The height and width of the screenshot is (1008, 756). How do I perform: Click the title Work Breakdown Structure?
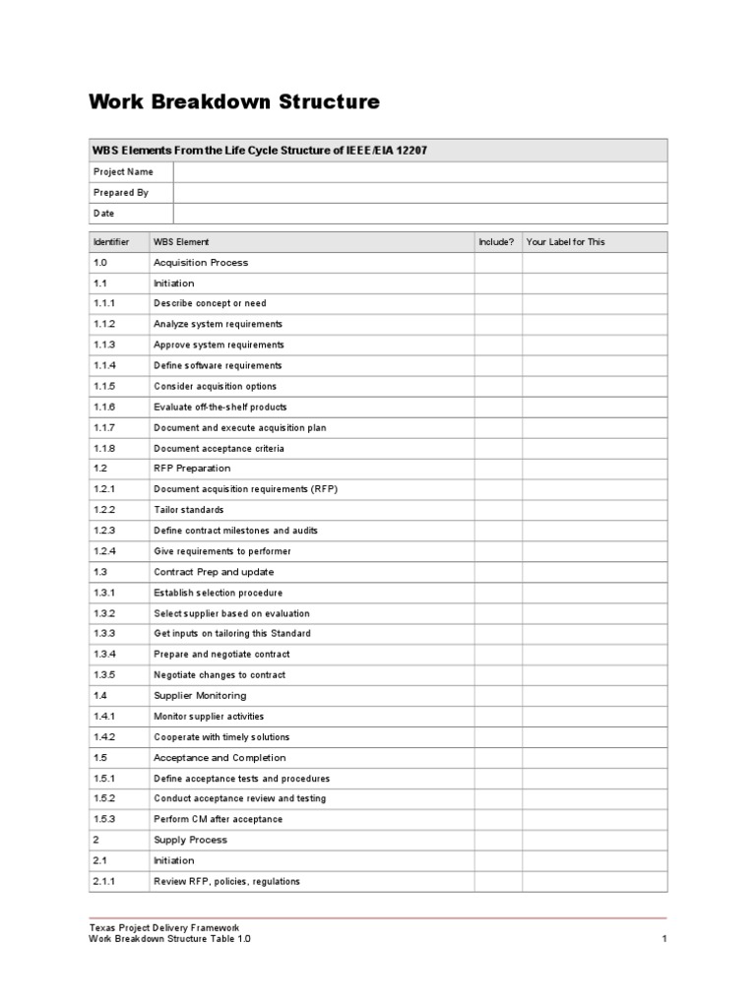(233, 102)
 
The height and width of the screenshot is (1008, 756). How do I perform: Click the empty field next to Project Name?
(420, 172)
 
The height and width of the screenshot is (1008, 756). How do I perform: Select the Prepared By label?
(120, 193)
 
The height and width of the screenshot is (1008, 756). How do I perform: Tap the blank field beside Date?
(420, 214)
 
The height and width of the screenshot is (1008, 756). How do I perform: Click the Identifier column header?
(111, 242)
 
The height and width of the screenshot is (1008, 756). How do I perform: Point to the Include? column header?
(496, 242)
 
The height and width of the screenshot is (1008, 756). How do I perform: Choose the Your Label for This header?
(566, 242)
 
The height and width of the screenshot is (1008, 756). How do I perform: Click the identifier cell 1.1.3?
(104, 346)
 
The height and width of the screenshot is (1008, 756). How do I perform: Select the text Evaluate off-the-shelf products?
(220, 408)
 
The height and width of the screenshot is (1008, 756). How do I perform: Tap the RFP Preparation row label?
(192, 469)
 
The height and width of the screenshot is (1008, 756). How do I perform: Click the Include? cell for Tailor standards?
(497, 510)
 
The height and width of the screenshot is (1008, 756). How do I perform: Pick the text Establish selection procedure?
(218, 593)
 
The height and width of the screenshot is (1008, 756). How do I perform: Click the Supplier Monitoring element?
(200, 696)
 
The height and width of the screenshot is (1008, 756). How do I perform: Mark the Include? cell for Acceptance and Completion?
(497, 758)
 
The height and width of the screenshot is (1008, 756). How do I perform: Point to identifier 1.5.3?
(104, 820)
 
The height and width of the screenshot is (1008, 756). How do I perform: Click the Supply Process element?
(190, 840)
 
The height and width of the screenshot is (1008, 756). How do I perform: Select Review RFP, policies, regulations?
(226, 882)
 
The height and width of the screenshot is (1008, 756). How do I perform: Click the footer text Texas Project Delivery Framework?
(163, 928)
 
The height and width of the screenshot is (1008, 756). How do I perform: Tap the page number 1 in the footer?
(664, 940)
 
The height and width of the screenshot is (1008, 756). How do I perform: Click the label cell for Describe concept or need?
(595, 304)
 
